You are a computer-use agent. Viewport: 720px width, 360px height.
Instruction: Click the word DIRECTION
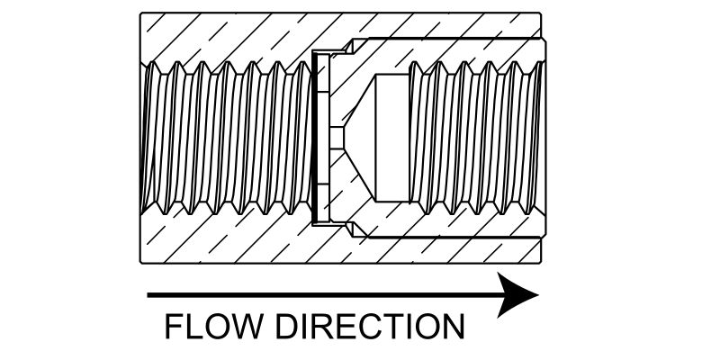click(371, 326)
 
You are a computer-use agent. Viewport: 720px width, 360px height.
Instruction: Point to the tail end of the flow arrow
click(149, 294)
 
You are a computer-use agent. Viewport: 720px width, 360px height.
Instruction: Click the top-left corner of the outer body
click(140, 12)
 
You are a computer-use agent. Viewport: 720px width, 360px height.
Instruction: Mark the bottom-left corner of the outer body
click(140, 263)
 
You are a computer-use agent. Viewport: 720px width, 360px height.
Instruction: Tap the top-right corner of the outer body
click(542, 12)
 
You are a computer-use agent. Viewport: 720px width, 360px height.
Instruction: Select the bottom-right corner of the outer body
click(542, 263)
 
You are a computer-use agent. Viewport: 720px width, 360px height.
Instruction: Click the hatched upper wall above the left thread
click(225, 36)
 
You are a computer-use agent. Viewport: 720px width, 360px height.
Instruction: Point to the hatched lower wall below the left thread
click(225, 238)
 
